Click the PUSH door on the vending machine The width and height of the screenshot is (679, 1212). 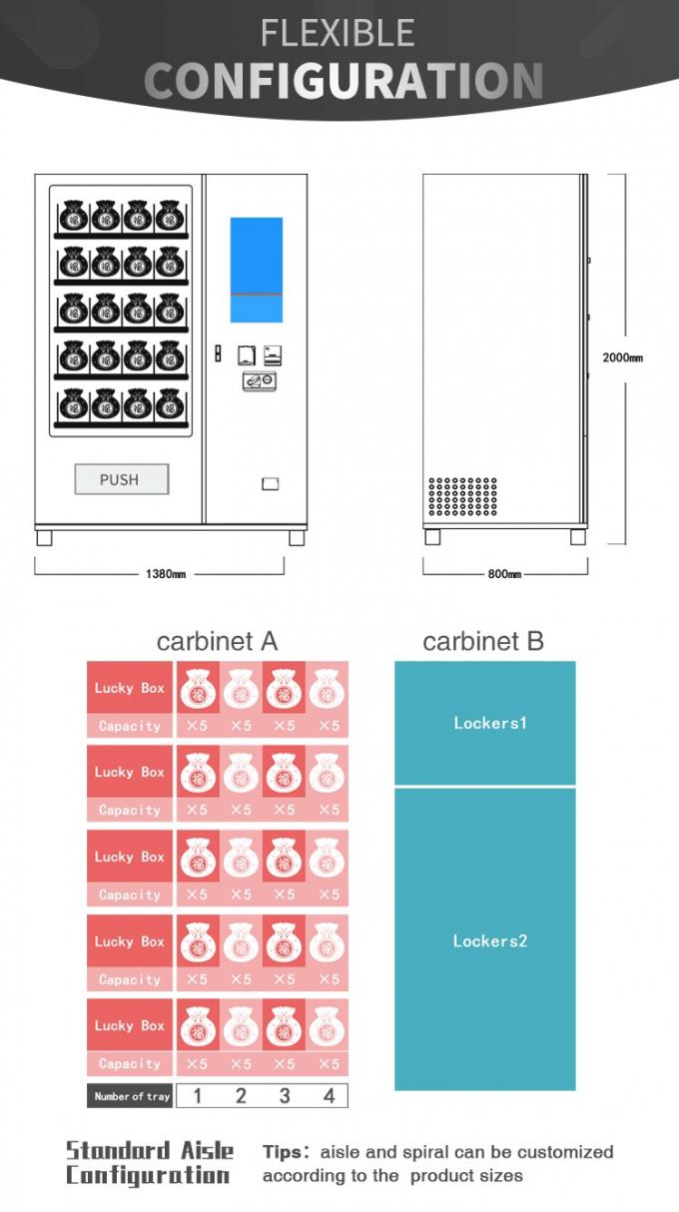(x=121, y=479)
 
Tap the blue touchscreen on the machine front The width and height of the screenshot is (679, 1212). (x=256, y=270)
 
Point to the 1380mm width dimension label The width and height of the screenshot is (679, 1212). (x=165, y=574)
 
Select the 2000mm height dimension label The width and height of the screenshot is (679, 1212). (x=622, y=356)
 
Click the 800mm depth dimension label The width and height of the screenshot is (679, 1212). (x=504, y=574)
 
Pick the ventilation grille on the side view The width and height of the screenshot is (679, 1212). (x=462, y=496)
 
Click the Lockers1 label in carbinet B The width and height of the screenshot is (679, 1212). (x=488, y=723)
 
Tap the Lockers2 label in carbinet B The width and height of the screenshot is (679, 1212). (x=488, y=940)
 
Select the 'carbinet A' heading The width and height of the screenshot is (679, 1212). (x=217, y=641)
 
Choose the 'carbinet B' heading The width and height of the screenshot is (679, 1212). (x=483, y=641)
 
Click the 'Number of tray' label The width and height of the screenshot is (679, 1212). (x=132, y=1096)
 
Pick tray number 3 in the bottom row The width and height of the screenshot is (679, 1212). (x=285, y=1096)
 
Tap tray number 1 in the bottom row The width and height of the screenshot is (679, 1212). (x=197, y=1096)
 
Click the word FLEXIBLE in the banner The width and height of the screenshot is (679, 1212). (x=338, y=33)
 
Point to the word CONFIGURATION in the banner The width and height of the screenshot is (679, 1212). (x=343, y=80)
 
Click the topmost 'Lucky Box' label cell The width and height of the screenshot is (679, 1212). (x=130, y=688)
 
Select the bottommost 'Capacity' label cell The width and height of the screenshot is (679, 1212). (x=130, y=1064)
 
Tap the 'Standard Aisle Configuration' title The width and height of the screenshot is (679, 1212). (x=150, y=1163)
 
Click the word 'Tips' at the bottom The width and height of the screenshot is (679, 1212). (x=284, y=1152)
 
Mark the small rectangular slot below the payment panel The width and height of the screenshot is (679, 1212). (x=270, y=484)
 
